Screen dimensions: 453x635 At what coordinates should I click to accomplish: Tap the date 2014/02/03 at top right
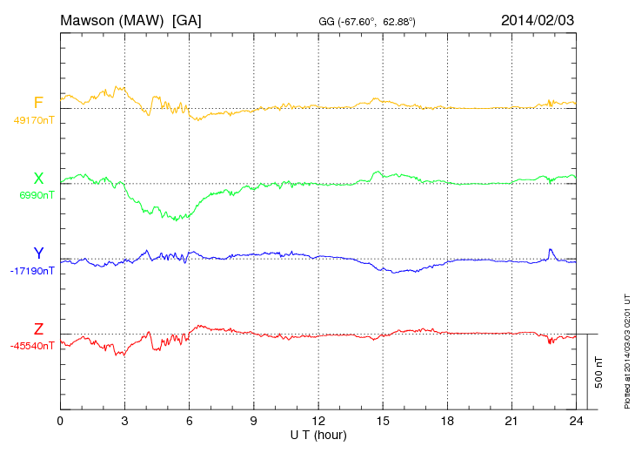(x=538, y=19)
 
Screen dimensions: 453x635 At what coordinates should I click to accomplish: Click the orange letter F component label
(x=38, y=103)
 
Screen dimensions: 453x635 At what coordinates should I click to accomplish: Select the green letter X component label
(x=38, y=179)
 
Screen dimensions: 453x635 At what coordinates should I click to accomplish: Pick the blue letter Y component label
(x=38, y=254)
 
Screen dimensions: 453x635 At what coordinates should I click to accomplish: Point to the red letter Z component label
(x=38, y=329)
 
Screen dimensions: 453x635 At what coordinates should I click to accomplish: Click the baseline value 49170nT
(x=33, y=120)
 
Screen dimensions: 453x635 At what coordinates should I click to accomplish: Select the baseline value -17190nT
(x=33, y=271)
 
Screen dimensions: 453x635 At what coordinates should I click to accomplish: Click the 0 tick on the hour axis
(x=60, y=422)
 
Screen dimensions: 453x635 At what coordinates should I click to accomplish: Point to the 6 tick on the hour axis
(x=190, y=422)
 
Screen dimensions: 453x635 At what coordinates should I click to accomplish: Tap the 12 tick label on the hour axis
(x=318, y=422)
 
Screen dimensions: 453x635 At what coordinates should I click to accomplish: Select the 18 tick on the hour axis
(x=447, y=422)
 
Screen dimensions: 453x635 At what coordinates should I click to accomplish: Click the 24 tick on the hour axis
(x=576, y=422)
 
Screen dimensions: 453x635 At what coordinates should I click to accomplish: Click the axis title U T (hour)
(x=318, y=434)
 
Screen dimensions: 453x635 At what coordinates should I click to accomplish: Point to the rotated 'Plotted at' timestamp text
(x=626, y=349)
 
